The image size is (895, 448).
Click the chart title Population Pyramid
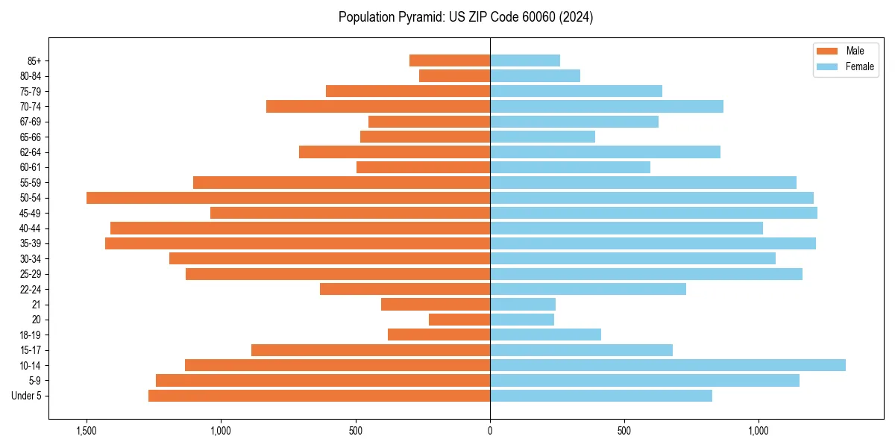click(x=465, y=17)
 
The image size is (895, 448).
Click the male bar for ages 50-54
click(x=288, y=198)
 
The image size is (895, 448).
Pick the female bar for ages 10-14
click(x=668, y=365)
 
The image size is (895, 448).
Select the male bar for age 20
click(x=459, y=320)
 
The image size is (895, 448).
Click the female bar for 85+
click(x=525, y=60)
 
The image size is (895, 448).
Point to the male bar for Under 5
click(x=319, y=396)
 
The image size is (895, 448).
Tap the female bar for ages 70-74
click(x=606, y=106)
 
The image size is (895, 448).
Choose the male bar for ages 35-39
click(x=298, y=243)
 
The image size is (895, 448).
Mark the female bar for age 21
click(x=523, y=304)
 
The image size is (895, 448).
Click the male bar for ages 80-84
click(x=454, y=75)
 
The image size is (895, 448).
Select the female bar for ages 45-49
click(x=653, y=213)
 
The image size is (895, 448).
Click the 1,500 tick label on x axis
click(x=87, y=431)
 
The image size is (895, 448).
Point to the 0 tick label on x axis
click(x=490, y=431)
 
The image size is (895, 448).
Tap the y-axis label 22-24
click(x=31, y=289)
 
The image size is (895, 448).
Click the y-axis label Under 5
click(x=27, y=396)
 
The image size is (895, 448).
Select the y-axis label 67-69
click(x=31, y=122)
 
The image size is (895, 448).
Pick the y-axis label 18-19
click(x=31, y=335)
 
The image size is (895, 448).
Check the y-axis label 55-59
click(x=31, y=182)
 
